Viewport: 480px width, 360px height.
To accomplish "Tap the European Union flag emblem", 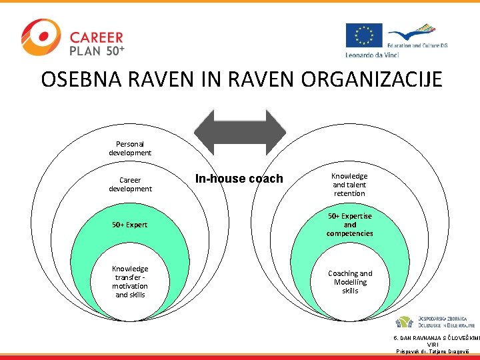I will [363, 35].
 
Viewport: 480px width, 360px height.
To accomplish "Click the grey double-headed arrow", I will [239, 133].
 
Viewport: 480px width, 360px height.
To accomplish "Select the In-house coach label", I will [239, 179].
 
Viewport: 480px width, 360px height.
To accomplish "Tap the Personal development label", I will [130, 148].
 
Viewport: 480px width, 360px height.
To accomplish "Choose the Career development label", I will [130, 184].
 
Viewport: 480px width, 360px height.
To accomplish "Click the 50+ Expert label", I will [130, 225].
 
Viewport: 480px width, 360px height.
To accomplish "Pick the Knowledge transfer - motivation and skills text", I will [130, 281].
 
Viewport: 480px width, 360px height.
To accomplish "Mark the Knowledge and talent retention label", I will [349, 185].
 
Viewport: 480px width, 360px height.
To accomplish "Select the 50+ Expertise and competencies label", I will [349, 225].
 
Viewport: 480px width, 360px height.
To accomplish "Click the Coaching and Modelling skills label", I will [349, 282].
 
